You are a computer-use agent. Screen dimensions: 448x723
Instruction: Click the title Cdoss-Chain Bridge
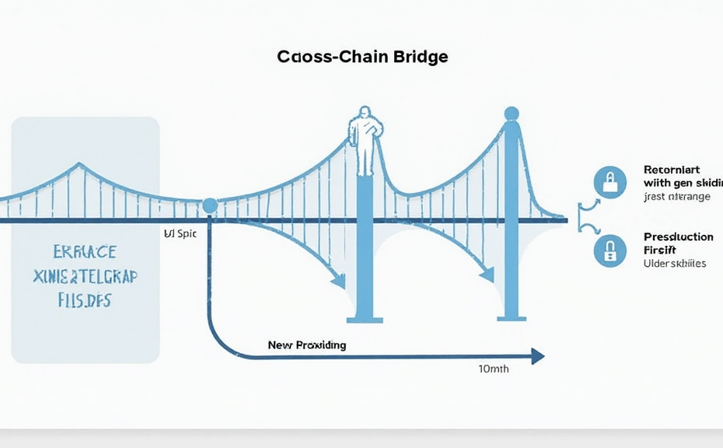361,58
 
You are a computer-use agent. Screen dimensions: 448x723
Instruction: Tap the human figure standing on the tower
363,140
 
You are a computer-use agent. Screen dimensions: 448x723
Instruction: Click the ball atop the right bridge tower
511,114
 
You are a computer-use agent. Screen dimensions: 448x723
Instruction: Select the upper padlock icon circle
609,182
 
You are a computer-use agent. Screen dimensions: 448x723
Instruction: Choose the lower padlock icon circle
609,250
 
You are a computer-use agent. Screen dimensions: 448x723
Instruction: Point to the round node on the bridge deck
208,206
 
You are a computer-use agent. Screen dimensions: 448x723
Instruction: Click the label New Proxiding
306,344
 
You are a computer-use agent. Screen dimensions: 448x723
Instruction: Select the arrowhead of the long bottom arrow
536,356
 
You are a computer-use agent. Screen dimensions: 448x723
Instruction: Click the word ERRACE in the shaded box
85,252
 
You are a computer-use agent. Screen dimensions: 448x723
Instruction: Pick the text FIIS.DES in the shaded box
85,302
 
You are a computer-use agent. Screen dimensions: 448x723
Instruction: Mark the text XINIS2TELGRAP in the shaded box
85,277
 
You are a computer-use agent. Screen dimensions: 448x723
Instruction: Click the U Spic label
180,233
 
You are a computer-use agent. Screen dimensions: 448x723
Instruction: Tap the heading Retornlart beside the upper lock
672,169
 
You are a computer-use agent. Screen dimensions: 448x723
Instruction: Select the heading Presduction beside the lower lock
678,236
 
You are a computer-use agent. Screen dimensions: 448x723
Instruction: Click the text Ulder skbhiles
675,264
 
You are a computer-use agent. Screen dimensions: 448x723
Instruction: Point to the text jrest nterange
676,197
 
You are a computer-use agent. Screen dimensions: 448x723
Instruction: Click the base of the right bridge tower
511,314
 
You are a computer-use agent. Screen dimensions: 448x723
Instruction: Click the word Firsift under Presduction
660,250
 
